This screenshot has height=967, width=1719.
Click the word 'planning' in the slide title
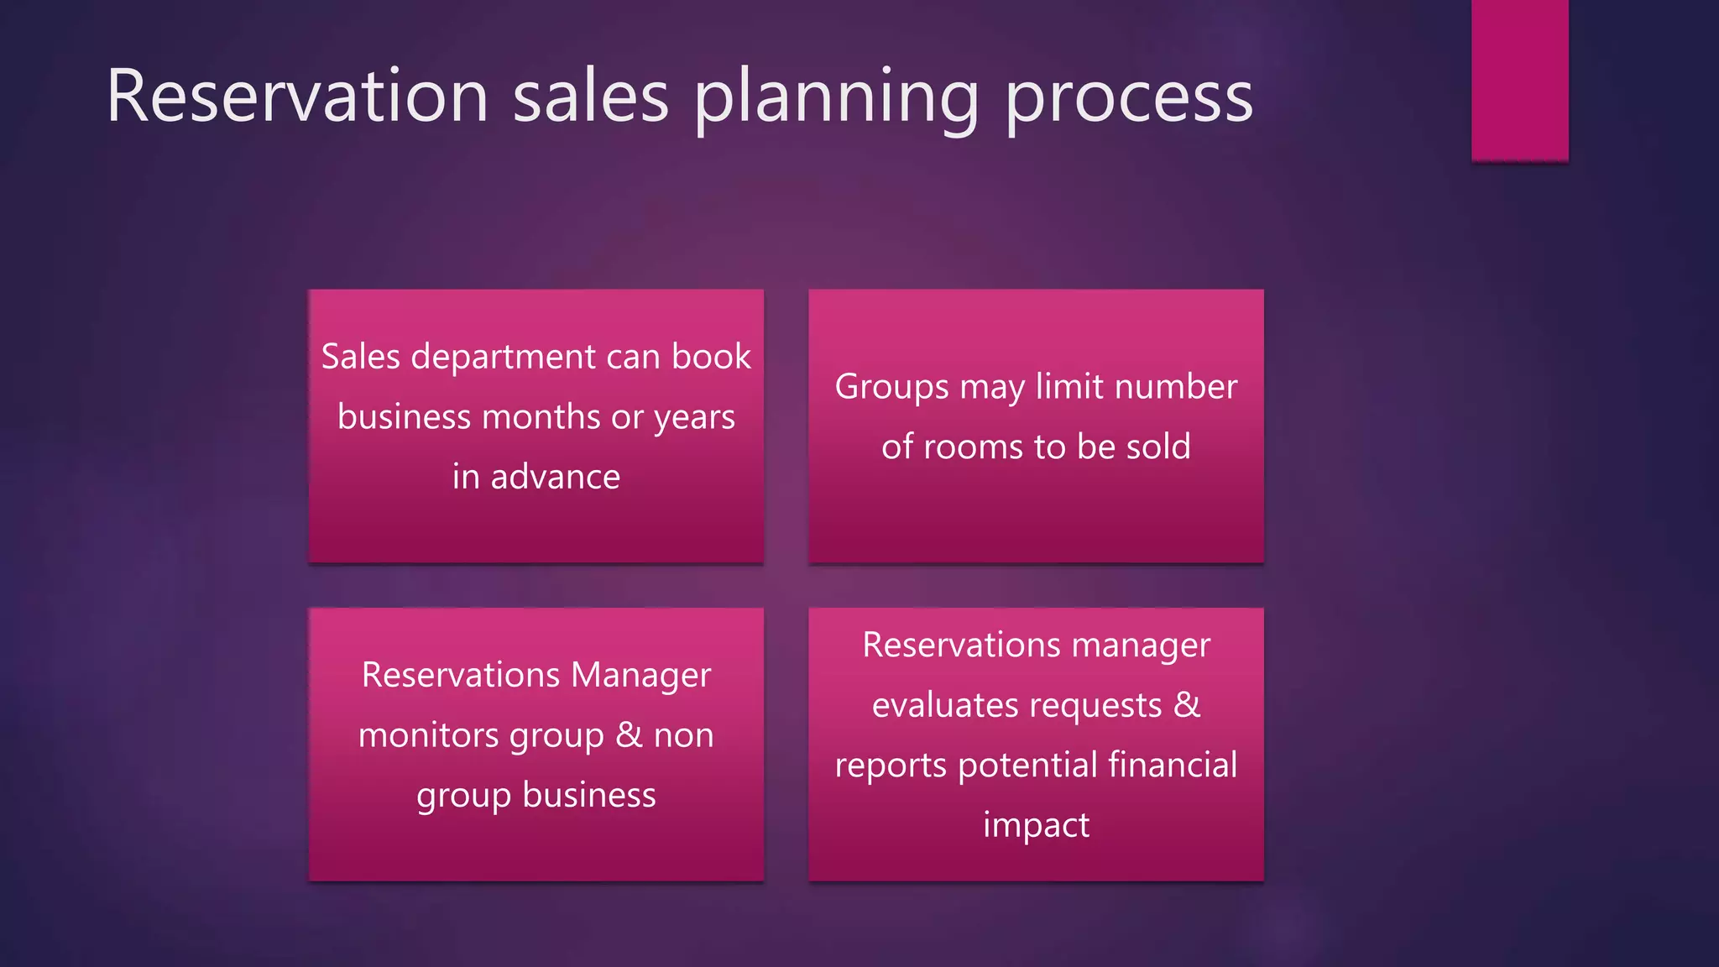[836, 99]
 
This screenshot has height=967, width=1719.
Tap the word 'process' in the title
[1128, 99]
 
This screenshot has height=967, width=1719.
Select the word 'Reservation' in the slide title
[297, 96]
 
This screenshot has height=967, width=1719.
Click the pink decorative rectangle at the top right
[1519, 80]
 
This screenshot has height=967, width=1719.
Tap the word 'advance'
[555, 477]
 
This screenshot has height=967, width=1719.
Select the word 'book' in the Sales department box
[711, 357]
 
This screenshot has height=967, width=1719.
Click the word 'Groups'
[891, 388]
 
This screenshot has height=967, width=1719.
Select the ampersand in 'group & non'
[629, 734]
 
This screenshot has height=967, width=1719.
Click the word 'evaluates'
[933, 705]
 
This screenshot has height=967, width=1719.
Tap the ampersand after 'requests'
[1187, 704]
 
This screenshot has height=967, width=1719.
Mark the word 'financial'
[1173, 765]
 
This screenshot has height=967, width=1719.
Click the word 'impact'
[1036, 825]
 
